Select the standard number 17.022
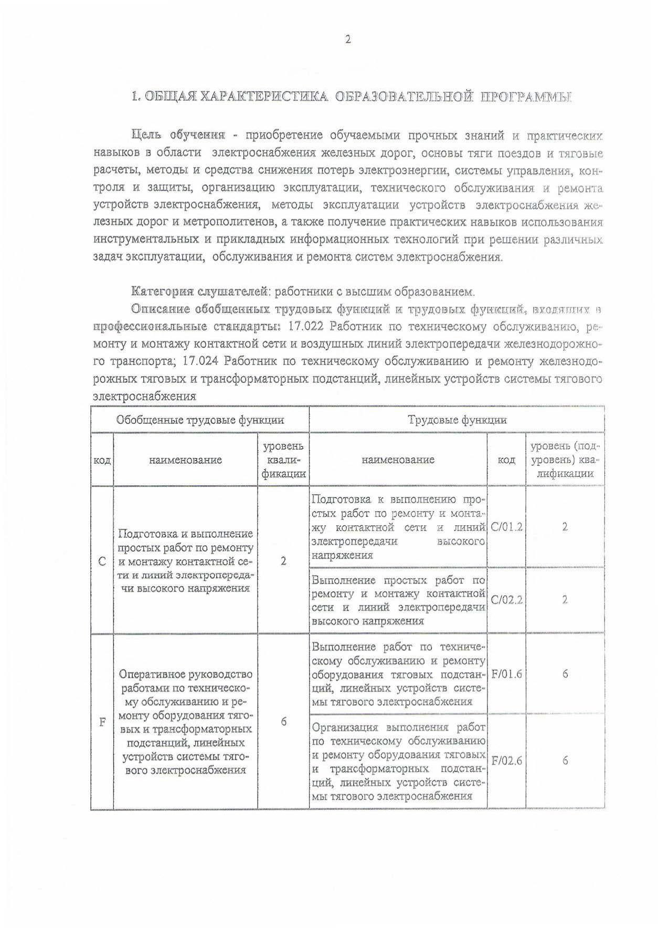pyautogui.click(x=305, y=327)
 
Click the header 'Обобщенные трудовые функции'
pyautogui.click(x=200, y=420)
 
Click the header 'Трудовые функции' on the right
pyautogui.click(x=457, y=420)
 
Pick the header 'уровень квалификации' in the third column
pyautogui.click(x=283, y=460)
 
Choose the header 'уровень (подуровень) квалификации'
pyautogui.click(x=565, y=460)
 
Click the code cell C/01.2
pyautogui.click(x=506, y=527)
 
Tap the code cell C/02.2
pyautogui.click(x=506, y=600)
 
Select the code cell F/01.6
pyautogui.click(x=506, y=674)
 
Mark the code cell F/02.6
pyautogui.click(x=506, y=760)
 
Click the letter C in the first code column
pyautogui.click(x=102, y=560)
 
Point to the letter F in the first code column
pyautogui.click(x=102, y=722)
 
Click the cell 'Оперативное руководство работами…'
pyautogui.click(x=186, y=722)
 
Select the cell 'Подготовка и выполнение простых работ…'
pyautogui.click(x=186, y=560)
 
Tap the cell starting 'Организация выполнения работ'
pyautogui.click(x=398, y=761)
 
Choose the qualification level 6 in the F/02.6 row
pyautogui.click(x=565, y=760)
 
